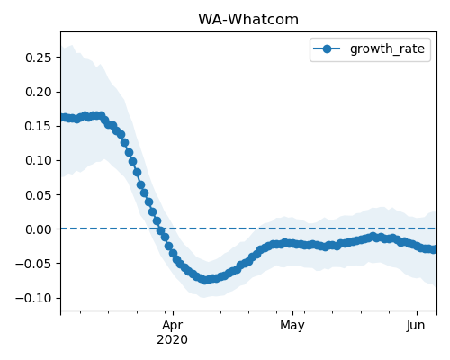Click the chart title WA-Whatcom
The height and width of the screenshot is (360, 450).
248,20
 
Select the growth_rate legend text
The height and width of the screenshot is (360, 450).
387,49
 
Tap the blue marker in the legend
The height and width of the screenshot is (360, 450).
327,49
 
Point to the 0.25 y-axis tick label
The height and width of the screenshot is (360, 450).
39,58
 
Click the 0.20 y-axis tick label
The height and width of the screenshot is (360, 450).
39,92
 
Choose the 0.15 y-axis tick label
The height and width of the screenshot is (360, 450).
39,126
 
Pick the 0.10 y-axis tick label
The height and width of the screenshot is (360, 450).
39,160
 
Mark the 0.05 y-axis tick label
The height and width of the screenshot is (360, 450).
39,195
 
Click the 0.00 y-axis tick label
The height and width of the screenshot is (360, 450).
39,229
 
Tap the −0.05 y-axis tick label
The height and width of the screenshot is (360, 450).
34,264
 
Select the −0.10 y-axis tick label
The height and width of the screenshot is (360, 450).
34,298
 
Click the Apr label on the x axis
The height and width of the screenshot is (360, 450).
173,326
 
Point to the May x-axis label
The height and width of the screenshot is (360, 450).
292,326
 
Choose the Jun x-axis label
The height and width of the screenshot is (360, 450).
416,326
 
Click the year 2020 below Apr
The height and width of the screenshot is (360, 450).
173,339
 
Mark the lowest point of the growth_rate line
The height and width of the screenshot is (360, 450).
205,280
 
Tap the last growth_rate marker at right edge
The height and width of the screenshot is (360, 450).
433,249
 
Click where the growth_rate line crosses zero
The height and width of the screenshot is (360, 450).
159,229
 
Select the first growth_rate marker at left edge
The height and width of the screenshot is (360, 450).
63,117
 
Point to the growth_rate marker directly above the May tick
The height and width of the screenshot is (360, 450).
293,244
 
